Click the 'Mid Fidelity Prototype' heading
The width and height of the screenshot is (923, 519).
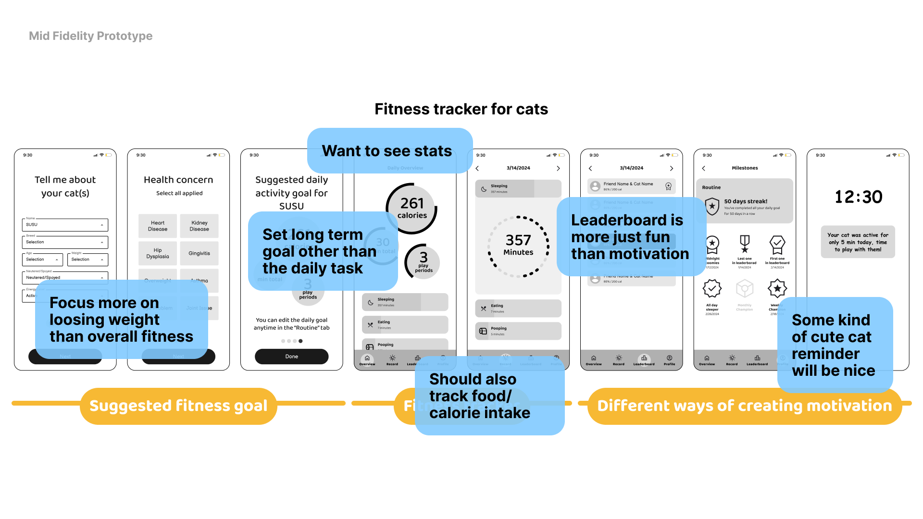pos(90,36)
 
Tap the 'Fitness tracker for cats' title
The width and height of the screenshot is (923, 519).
pos(461,109)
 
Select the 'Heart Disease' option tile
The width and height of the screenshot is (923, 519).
pos(158,226)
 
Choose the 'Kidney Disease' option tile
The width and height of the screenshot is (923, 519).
pos(199,226)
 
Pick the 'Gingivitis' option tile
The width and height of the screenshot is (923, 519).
pos(199,253)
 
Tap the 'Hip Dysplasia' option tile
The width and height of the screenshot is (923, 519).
pos(158,253)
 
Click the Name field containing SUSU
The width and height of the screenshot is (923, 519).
pos(65,225)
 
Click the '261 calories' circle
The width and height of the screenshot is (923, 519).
pos(412,209)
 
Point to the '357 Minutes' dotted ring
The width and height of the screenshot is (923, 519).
pos(518,246)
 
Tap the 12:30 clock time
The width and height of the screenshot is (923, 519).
pos(858,197)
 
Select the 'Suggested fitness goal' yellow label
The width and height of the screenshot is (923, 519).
pos(178,406)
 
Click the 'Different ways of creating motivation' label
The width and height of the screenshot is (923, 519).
pos(744,406)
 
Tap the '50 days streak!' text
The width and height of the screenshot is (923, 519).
pos(746,201)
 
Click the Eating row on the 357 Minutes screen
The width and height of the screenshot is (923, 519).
pos(518,309)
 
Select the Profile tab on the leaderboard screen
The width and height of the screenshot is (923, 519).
pos(669,360)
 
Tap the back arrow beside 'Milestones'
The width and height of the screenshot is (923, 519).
pos(704,168)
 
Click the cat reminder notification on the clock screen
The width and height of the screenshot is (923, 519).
pos(858,242)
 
